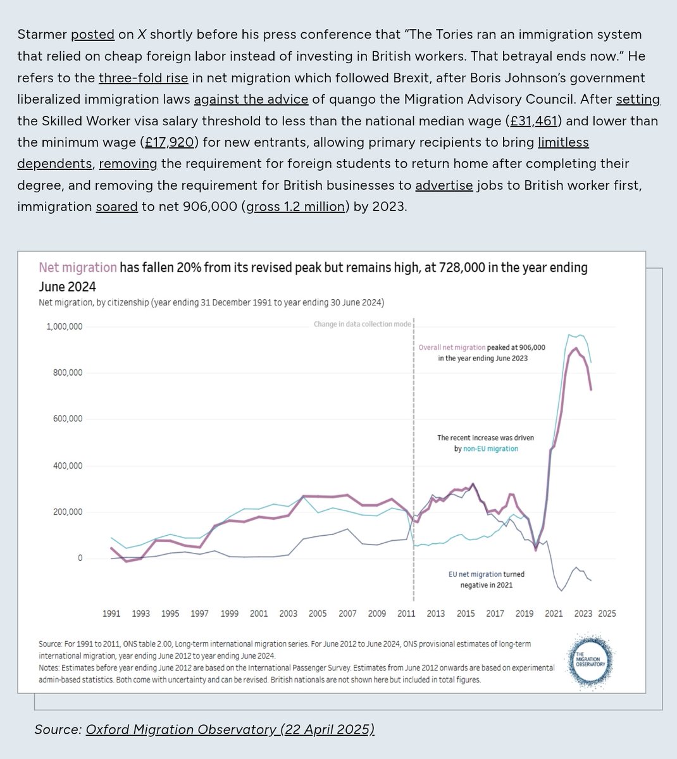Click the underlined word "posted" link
(92, 34)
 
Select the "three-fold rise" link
(143, 78)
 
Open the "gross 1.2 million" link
(296, 206)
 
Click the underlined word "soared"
(116, 206)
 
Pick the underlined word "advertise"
(444, 185)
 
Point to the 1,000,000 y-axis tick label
(64, 326)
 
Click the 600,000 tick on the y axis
(67, 419)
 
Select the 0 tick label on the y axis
(80, 558)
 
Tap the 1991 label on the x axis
(111, 613)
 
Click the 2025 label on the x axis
(607, 613)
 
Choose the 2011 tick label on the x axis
(406, 613)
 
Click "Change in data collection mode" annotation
(362, 324)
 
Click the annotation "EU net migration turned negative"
(487, 579)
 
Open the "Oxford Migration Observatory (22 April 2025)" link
(230, 729)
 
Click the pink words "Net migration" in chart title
(78, 268)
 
